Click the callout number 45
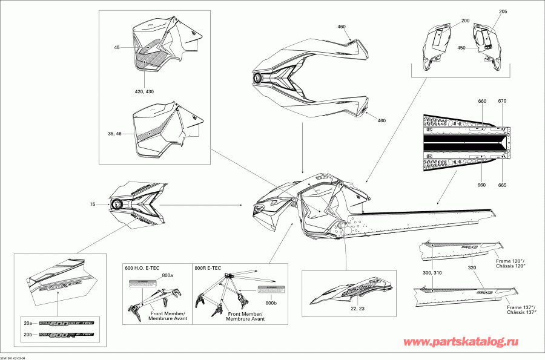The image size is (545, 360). tap(116, 47)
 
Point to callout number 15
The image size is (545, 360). tap(93, 205)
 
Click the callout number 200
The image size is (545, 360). tap(465, 21)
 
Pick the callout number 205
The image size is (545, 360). tap(503, 12)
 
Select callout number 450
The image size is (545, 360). tap(461, 48)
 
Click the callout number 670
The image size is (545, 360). tap(501, 100)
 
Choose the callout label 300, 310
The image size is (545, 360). tap(432, 273)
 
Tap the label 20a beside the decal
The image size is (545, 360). tap(28, 323)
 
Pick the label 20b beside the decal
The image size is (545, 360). tap(28, 335)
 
